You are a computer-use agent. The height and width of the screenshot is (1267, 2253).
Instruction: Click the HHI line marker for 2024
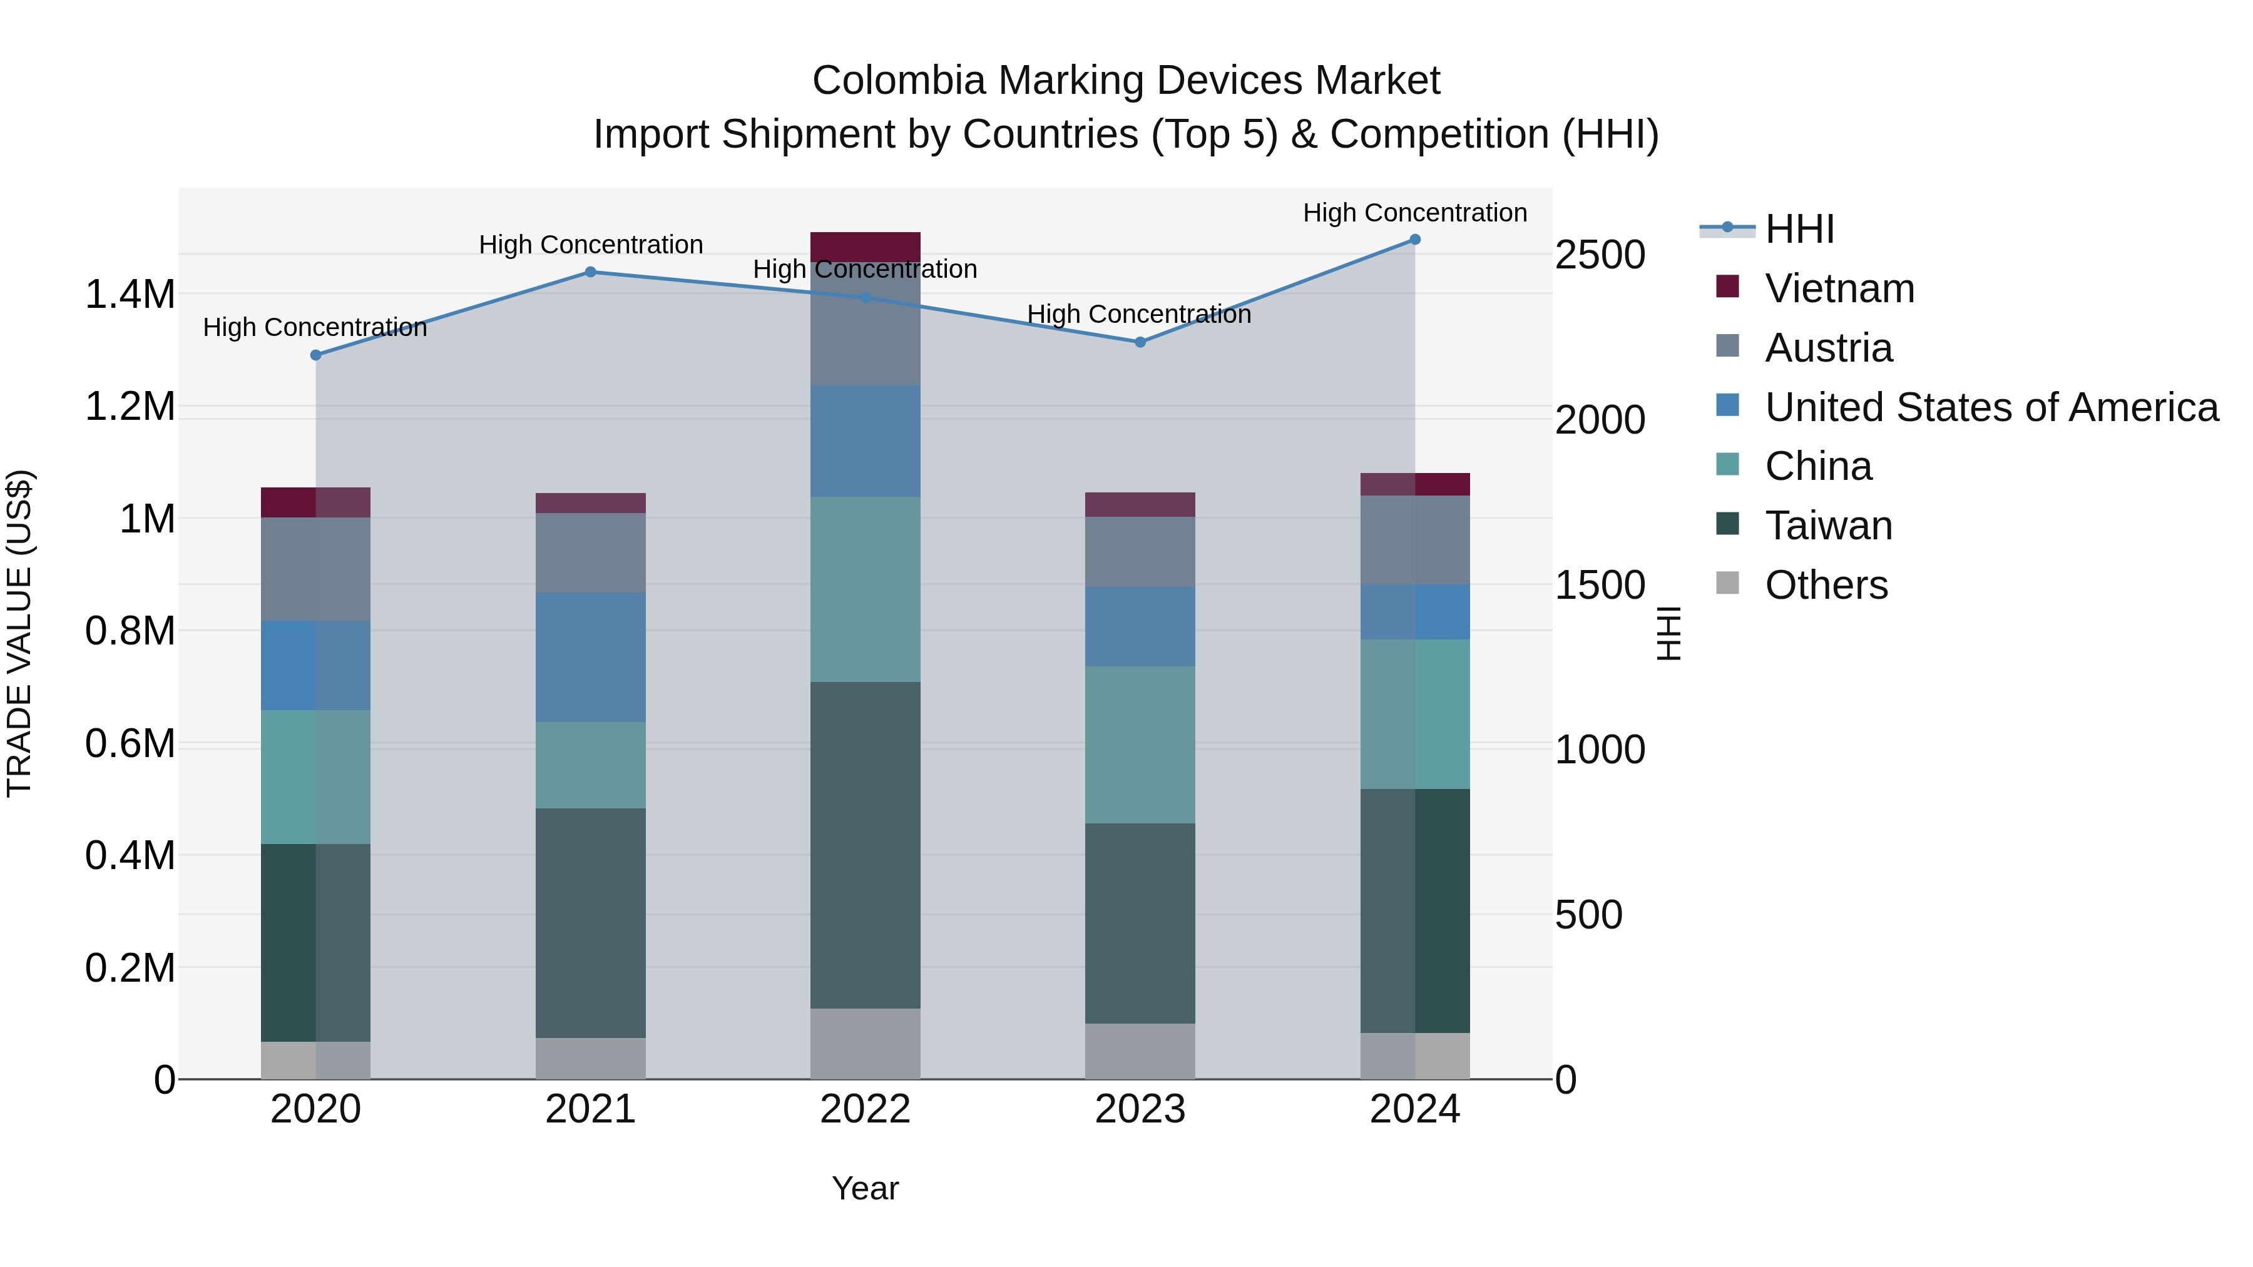pos(1414,240)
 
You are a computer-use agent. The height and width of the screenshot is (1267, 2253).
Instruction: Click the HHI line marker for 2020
pos(316,355)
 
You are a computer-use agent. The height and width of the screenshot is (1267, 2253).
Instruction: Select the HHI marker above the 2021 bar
pos(590,272)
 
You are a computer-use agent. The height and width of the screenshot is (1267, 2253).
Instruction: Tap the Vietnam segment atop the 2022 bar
pos(865,246)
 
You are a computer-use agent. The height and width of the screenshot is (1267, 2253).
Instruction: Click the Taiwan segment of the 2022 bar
pos(865,845)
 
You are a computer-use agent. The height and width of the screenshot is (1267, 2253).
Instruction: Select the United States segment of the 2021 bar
pos(590,657)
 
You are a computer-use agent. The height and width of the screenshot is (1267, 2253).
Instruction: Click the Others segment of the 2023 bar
pos(1140,1051)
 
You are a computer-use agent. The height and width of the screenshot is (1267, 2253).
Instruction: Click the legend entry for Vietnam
pos(1839,288)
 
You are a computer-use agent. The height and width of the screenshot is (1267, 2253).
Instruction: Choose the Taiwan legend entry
pos(1828,526)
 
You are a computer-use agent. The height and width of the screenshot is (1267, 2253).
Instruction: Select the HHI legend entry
pos(1799,229)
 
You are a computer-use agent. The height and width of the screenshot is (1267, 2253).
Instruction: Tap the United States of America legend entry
pos(1991,407)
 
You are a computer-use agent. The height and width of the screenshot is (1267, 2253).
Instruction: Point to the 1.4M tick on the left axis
pos(130,295)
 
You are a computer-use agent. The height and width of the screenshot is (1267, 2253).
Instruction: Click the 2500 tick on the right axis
pos(1600,255)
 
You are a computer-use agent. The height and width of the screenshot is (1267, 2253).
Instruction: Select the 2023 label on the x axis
pos(1140,1109)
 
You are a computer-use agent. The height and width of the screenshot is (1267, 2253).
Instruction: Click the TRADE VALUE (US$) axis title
pos(19,633)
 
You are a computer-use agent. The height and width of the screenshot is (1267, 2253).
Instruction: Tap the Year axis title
pos(865,1188)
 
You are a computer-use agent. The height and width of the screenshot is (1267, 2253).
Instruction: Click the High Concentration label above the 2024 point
pos(1414,213)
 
